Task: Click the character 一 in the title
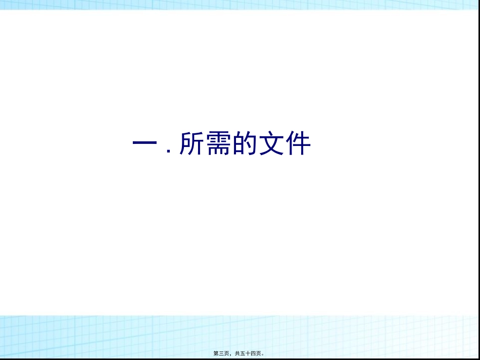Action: coord(144,144)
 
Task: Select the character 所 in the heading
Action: coord(192,144)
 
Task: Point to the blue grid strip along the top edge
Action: coord(240,5)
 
